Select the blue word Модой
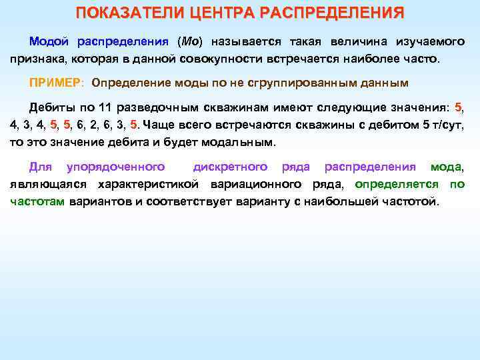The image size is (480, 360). (49, 41)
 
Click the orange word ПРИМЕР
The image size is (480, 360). (55, 83)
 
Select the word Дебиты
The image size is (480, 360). (51, 108)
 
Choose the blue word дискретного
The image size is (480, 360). (230, 167)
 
